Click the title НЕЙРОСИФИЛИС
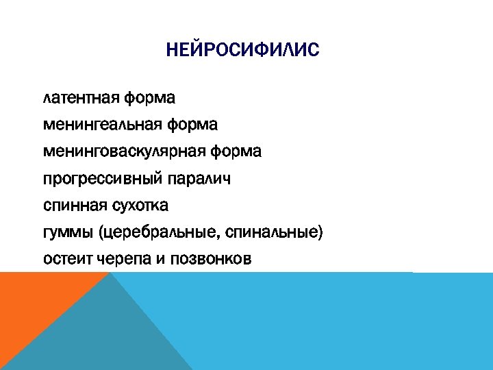pos(242,51)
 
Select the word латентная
pos(81,98)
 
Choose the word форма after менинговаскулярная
pos(236,151)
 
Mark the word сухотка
pos(140,206)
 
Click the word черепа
pos(127,259)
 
